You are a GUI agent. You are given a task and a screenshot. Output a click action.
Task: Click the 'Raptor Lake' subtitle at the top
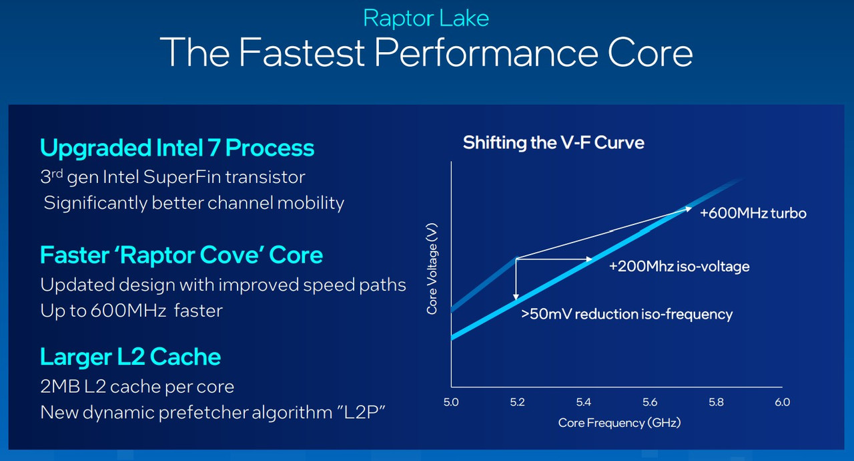(x=426, y=18)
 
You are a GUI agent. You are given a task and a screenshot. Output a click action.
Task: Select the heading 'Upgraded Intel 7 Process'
(x=177, y=148)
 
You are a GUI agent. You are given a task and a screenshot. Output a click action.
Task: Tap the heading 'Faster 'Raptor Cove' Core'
(x=181, y=255)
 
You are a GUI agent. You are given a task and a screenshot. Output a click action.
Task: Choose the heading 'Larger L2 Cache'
(x=130, y=357)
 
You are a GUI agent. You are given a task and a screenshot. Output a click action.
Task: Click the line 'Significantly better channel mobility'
(x=193, y=202)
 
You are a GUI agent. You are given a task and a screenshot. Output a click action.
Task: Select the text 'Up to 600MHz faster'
(x=131, y=311)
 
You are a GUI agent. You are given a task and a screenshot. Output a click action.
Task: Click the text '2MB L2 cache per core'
(x=137, y=386)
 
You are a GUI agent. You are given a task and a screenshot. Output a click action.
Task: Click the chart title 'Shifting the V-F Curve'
(x=553, y=142)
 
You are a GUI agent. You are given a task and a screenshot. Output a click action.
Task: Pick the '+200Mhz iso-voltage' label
(x=679, y=267)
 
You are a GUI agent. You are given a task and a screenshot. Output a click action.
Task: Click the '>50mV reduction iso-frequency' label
(x=626, y=314)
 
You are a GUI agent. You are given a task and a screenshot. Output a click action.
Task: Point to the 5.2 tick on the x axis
(x=517, y=402)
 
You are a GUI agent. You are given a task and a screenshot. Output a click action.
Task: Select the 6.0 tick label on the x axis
(x=782, y=402)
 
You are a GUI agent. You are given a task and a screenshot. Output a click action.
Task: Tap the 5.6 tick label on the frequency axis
(x=650, y=402)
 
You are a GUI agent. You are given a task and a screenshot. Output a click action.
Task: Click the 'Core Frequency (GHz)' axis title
(x=618, y=423)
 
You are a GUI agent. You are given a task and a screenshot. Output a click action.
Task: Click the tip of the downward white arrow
(x=516, y=301)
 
